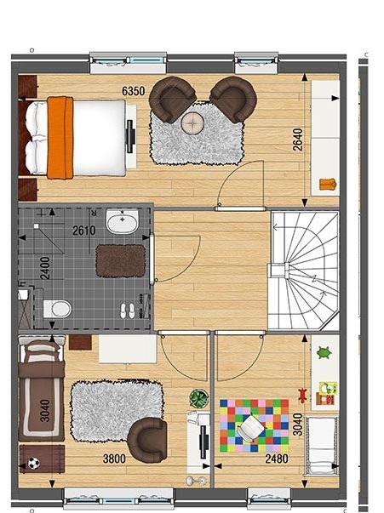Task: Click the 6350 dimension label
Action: (133, 91)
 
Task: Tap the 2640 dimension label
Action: (298, 140)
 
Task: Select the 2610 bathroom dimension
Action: (84, 231)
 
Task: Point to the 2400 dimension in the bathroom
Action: (45, 268)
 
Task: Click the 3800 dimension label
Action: (114, 459)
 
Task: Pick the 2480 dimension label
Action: (277, 459)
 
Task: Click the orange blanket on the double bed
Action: (60, 138)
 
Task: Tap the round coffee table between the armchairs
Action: (193, 123)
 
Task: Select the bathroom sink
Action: (123, 221)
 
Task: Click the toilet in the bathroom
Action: (58, 309)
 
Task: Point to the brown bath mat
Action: (121, 261)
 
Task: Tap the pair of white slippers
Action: (128, 311)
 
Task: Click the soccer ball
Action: (34, 463)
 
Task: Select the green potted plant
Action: (199, 398)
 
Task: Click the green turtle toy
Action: (324, 353)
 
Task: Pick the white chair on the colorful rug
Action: (251, 428)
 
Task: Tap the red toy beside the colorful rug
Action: (303, 396)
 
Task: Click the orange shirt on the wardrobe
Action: (328, 185)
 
